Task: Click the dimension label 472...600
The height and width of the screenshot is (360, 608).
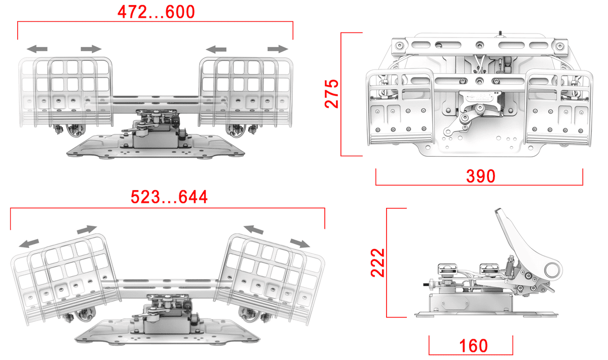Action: pos(156,12)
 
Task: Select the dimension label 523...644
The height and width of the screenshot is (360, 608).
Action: pos(169,197)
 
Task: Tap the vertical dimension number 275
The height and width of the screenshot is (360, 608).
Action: pos(332,94)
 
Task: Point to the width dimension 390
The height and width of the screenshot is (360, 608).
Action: pos(481,176)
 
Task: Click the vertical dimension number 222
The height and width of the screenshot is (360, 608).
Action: pos(377,263)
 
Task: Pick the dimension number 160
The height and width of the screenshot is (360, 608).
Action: pos(473,346)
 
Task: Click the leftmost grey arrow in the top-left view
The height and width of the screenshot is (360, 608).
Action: pos(37,49)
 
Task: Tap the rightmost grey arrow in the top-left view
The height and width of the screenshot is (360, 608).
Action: pos(278,49)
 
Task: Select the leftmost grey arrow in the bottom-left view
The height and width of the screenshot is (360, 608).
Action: pos(29,243)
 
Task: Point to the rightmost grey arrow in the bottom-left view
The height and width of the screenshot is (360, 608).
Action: pos(300,243)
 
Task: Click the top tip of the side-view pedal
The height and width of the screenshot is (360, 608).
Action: pos(498,209)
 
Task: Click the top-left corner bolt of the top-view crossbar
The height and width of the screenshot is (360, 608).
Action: pos(399,45)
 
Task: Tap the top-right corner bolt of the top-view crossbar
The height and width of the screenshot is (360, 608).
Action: pos(560,46)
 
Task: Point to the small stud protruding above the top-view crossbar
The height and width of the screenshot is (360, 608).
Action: pos(500,34)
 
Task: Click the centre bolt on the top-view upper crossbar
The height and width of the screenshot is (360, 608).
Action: pos(480,45)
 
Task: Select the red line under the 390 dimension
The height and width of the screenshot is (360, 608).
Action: pos(479,185)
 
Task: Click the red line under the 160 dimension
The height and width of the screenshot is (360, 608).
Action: pos(471,354)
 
